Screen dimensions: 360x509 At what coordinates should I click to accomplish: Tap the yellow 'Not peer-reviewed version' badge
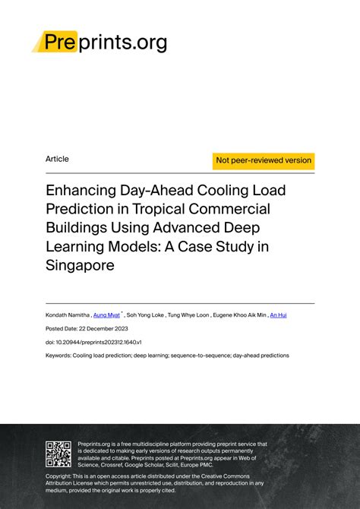(x=264, y=160)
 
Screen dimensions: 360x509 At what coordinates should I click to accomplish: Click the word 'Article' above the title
(x=57, y=159)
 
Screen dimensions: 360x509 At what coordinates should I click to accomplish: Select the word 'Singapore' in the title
(x=81, y=266)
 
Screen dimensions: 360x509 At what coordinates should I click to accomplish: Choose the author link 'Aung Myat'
(x=106, y=313)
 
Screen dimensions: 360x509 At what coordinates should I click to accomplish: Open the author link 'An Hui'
(x=279, y=313)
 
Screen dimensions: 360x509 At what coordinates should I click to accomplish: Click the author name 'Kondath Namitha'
(x=67, y=313)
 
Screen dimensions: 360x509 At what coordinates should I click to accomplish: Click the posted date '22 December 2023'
(x=103, y=328)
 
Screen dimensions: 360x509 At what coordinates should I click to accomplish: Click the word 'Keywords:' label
(x=58, y=355)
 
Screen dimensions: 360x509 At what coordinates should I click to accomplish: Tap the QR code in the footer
(x=58, y=454)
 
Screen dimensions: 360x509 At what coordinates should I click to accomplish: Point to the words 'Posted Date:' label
(x=62, y=328)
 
